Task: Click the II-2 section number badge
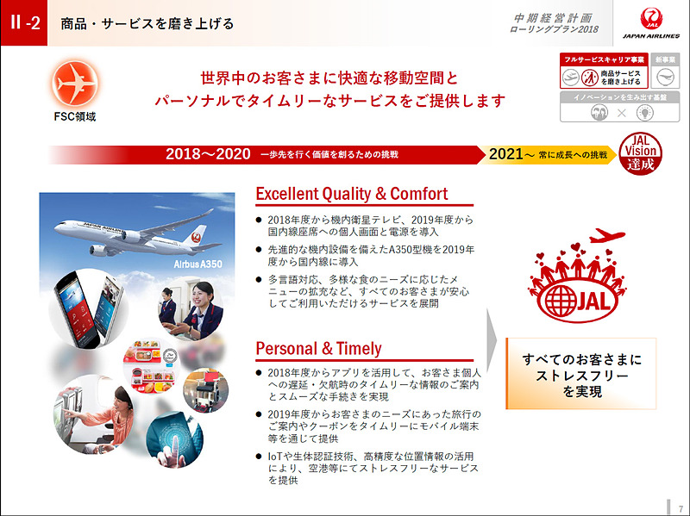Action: click(23, 23)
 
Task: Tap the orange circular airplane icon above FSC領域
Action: click(73, 84)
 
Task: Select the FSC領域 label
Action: click(73, 117)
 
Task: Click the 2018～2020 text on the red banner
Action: click(208, 154)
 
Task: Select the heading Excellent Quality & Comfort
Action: click(352, 193)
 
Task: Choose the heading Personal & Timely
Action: click(318, 348)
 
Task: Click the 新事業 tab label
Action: click(665, 59)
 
